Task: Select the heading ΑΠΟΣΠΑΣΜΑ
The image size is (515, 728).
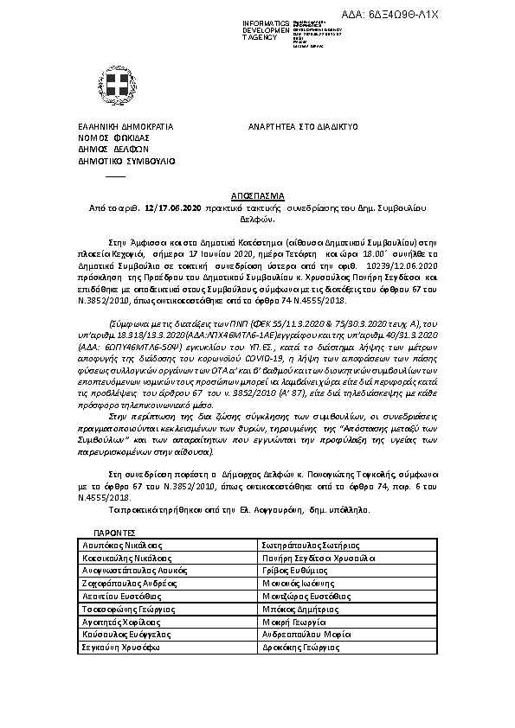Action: (257, 196)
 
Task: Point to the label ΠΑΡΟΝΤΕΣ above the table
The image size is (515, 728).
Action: (115, 533)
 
